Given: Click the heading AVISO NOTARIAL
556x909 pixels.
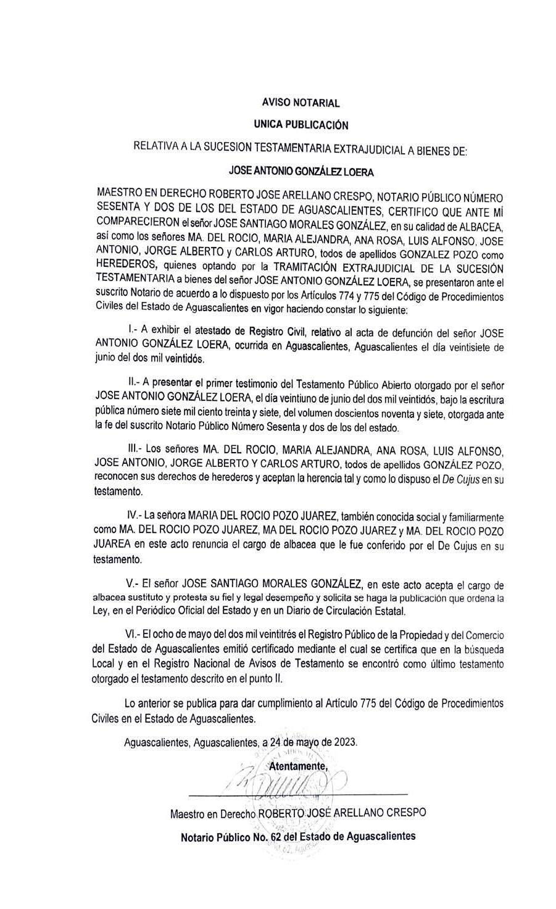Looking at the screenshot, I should [301, 103].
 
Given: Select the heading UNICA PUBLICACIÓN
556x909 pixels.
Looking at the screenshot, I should [301, 125].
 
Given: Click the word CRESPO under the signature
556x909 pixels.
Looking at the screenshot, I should [405, 813].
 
